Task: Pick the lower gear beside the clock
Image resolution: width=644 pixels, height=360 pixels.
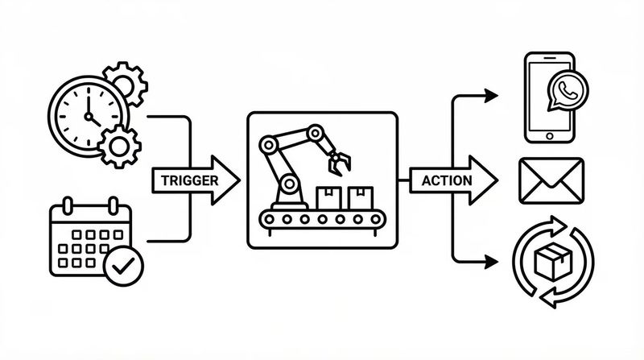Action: coord(119,146)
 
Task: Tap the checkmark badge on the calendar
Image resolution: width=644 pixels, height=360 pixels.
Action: coord(123,266)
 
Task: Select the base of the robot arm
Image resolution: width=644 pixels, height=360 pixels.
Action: coord(287,197)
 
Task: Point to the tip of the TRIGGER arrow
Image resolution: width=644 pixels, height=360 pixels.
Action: coord(239,180)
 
